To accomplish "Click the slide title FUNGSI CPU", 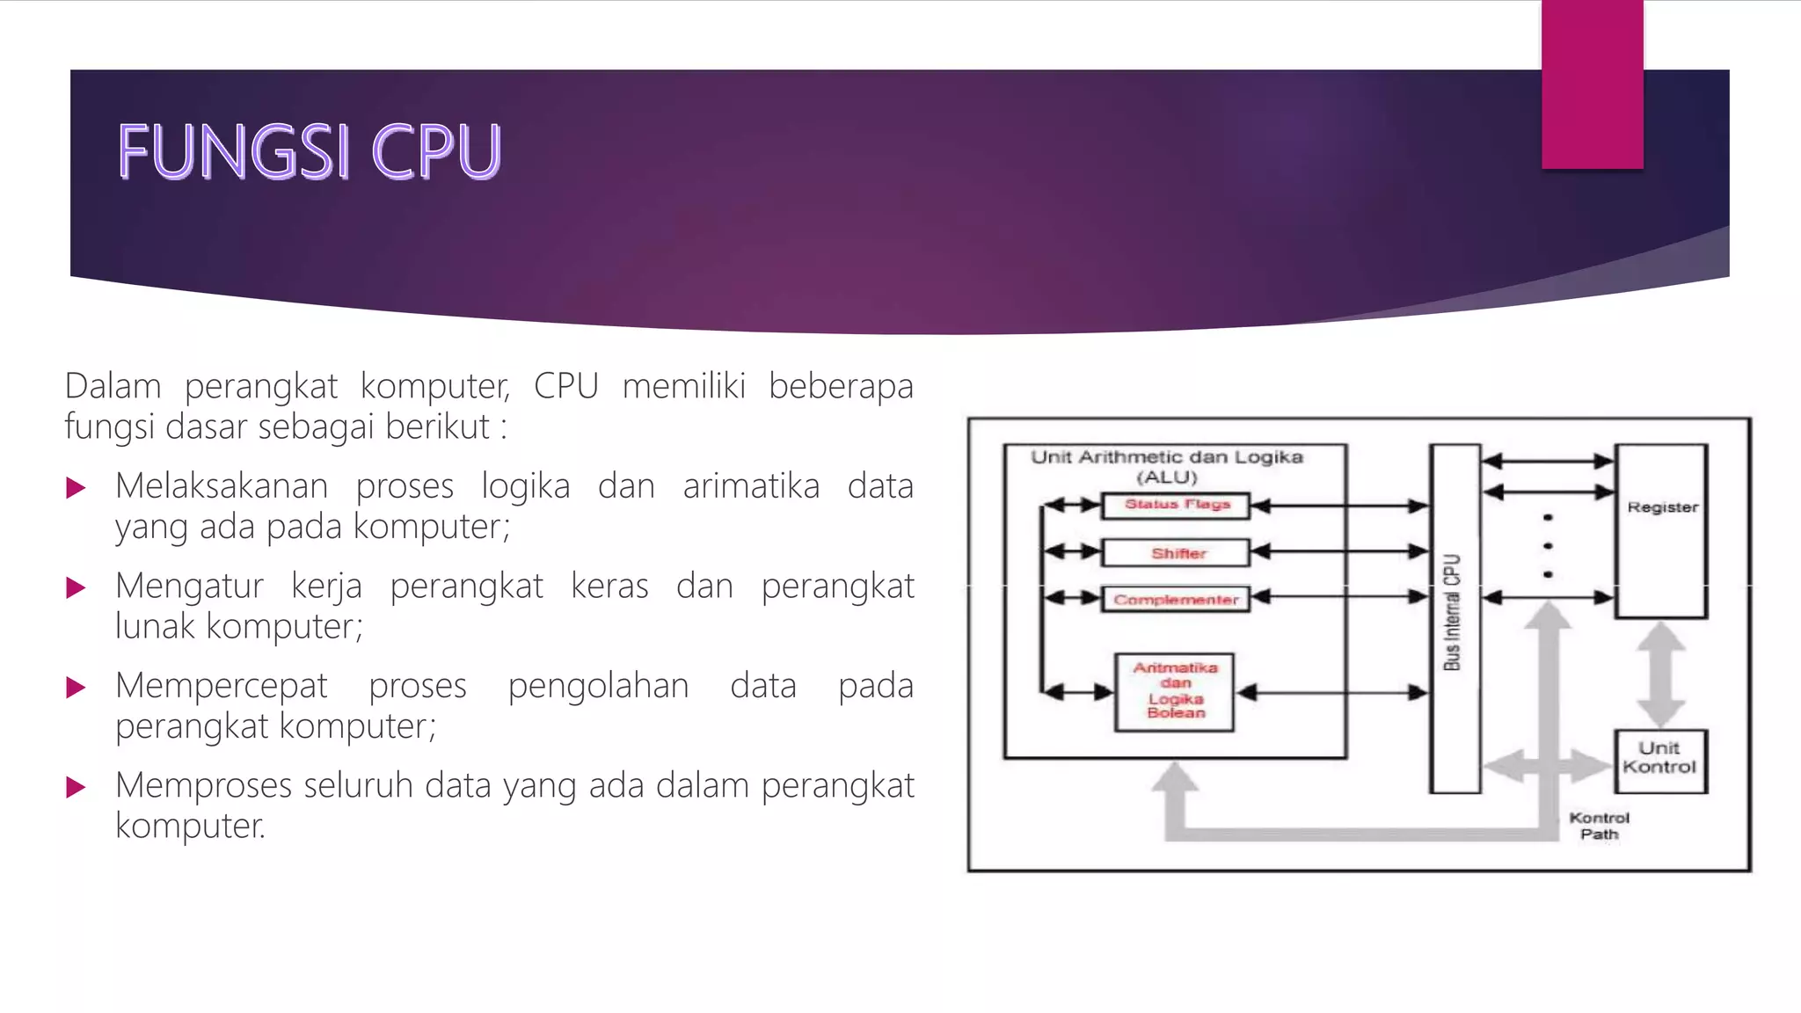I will tap(310, 151).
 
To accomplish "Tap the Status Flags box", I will tap(1177, 505).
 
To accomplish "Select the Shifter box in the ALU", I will tap(1177, 553).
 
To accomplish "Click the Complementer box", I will tap(1177, 600).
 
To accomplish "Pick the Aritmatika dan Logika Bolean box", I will tap(1175, 691).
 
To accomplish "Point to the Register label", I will tap(1662, 507).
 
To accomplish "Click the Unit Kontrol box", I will tap(1660, 759).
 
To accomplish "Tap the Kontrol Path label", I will tap(1599, 826).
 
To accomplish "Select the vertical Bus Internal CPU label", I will tap(1452, 612).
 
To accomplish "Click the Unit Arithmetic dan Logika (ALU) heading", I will tap(1167, 467).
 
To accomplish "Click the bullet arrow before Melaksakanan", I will tap(77, 488).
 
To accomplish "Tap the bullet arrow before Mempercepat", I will tap(77, 688).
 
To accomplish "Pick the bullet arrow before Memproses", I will tap(77, 787).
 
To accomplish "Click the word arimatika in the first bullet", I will tap(751, 486).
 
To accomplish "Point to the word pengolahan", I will tap(598, 686).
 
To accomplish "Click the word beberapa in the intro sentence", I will tap(841, 386).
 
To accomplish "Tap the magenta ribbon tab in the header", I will tap(1592, 84).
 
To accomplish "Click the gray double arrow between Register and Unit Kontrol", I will tap(1660, 674).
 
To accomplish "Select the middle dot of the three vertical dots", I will tap(1548, 546).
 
